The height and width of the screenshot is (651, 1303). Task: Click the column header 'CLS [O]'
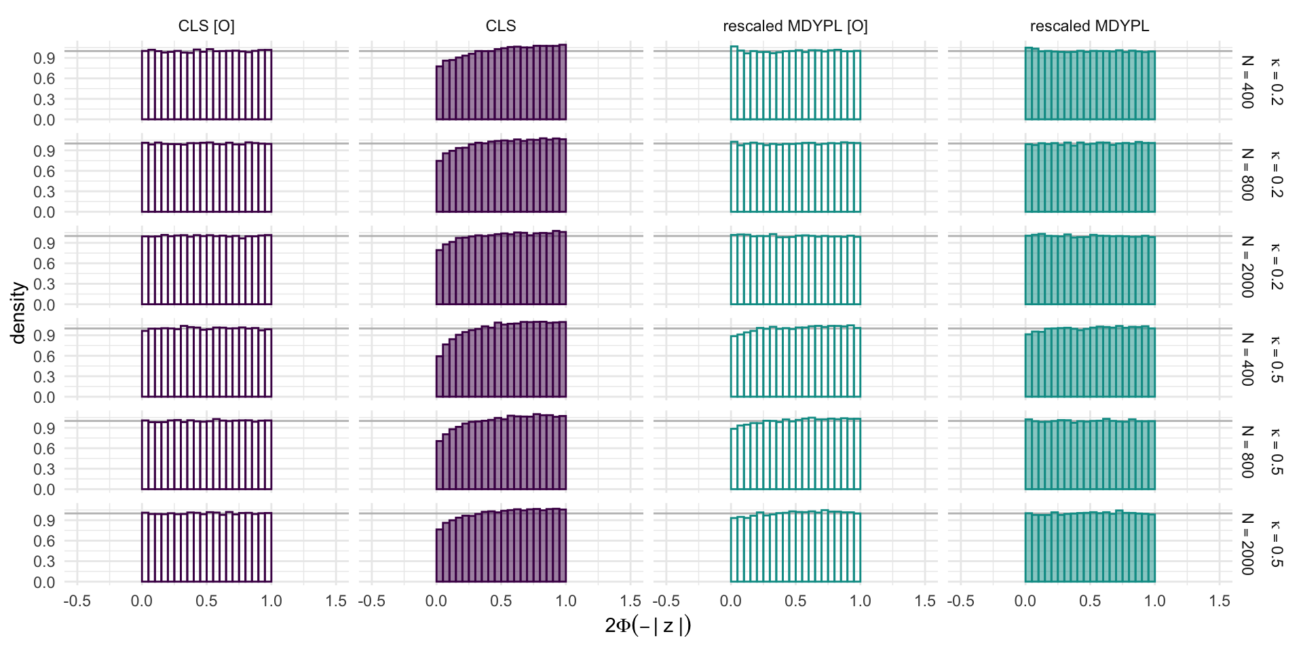point(206,26)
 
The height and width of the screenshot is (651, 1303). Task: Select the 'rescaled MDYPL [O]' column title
point(795,26)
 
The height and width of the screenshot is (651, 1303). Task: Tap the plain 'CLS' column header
point(501,26)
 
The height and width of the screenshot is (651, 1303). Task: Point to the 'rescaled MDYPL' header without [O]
point(1089,26)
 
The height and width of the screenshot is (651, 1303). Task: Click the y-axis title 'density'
point(18,313)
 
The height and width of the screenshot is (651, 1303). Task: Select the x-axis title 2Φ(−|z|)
point(647,625)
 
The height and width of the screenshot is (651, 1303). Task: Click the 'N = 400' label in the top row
point(1247,81)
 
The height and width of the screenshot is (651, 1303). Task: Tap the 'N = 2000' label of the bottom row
point(1247,544)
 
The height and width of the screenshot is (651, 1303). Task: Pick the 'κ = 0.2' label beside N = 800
point(1275,174)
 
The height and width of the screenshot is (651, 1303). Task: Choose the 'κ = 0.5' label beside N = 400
point(1275,359)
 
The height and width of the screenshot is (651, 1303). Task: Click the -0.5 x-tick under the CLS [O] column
point(77,601)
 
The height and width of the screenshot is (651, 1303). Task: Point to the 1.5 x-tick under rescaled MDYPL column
point(1220,601)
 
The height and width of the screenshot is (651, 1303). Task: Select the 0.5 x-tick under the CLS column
point(501,601)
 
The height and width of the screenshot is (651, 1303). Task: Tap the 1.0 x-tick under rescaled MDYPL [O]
point(860,601)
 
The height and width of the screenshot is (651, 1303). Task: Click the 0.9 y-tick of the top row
point(44,58)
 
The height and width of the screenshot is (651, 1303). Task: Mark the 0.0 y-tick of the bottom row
point(44,583)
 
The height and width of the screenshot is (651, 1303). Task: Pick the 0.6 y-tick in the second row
point(44,172)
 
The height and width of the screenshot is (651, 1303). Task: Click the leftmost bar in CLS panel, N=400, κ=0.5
point(439,376)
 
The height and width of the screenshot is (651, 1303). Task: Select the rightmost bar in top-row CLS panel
point(563,82)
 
